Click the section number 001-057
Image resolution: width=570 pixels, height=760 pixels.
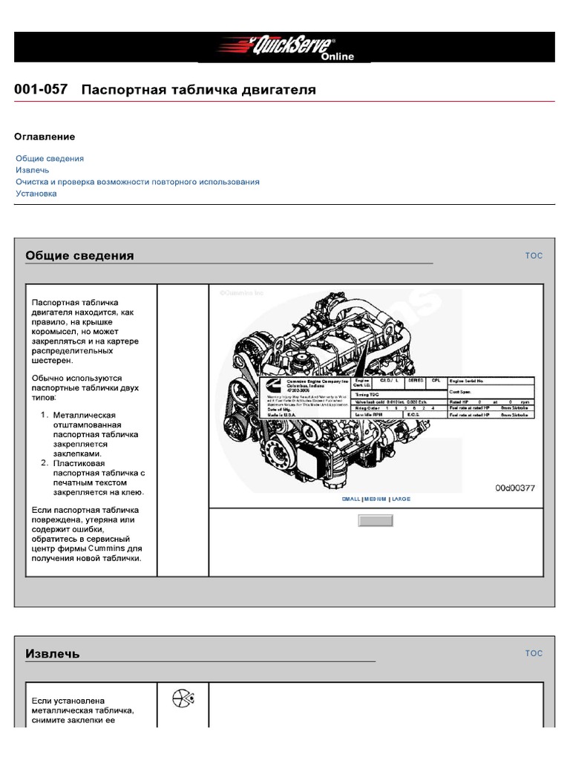click(41, 90)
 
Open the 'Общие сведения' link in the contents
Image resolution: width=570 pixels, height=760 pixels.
click(50, 159)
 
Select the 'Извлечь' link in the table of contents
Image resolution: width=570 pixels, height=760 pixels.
click(33, 170)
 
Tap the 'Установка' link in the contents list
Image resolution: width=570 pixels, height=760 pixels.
click(36, 194)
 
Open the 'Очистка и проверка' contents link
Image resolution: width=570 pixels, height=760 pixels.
click(137, 182)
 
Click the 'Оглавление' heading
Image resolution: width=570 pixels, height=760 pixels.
click(45, 137)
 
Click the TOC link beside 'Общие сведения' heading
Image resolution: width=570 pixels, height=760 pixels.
click(534, 256)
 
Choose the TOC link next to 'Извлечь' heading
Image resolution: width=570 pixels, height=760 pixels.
click(534, 654)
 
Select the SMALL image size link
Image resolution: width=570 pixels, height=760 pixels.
click(350, 499)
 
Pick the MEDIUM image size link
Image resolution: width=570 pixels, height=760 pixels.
click(376, 499)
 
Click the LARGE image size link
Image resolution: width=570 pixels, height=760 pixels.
click(401, 499)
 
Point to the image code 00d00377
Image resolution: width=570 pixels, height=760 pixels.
click(515, 488)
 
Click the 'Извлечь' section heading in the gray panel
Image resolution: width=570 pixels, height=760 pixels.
click(53, 654)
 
